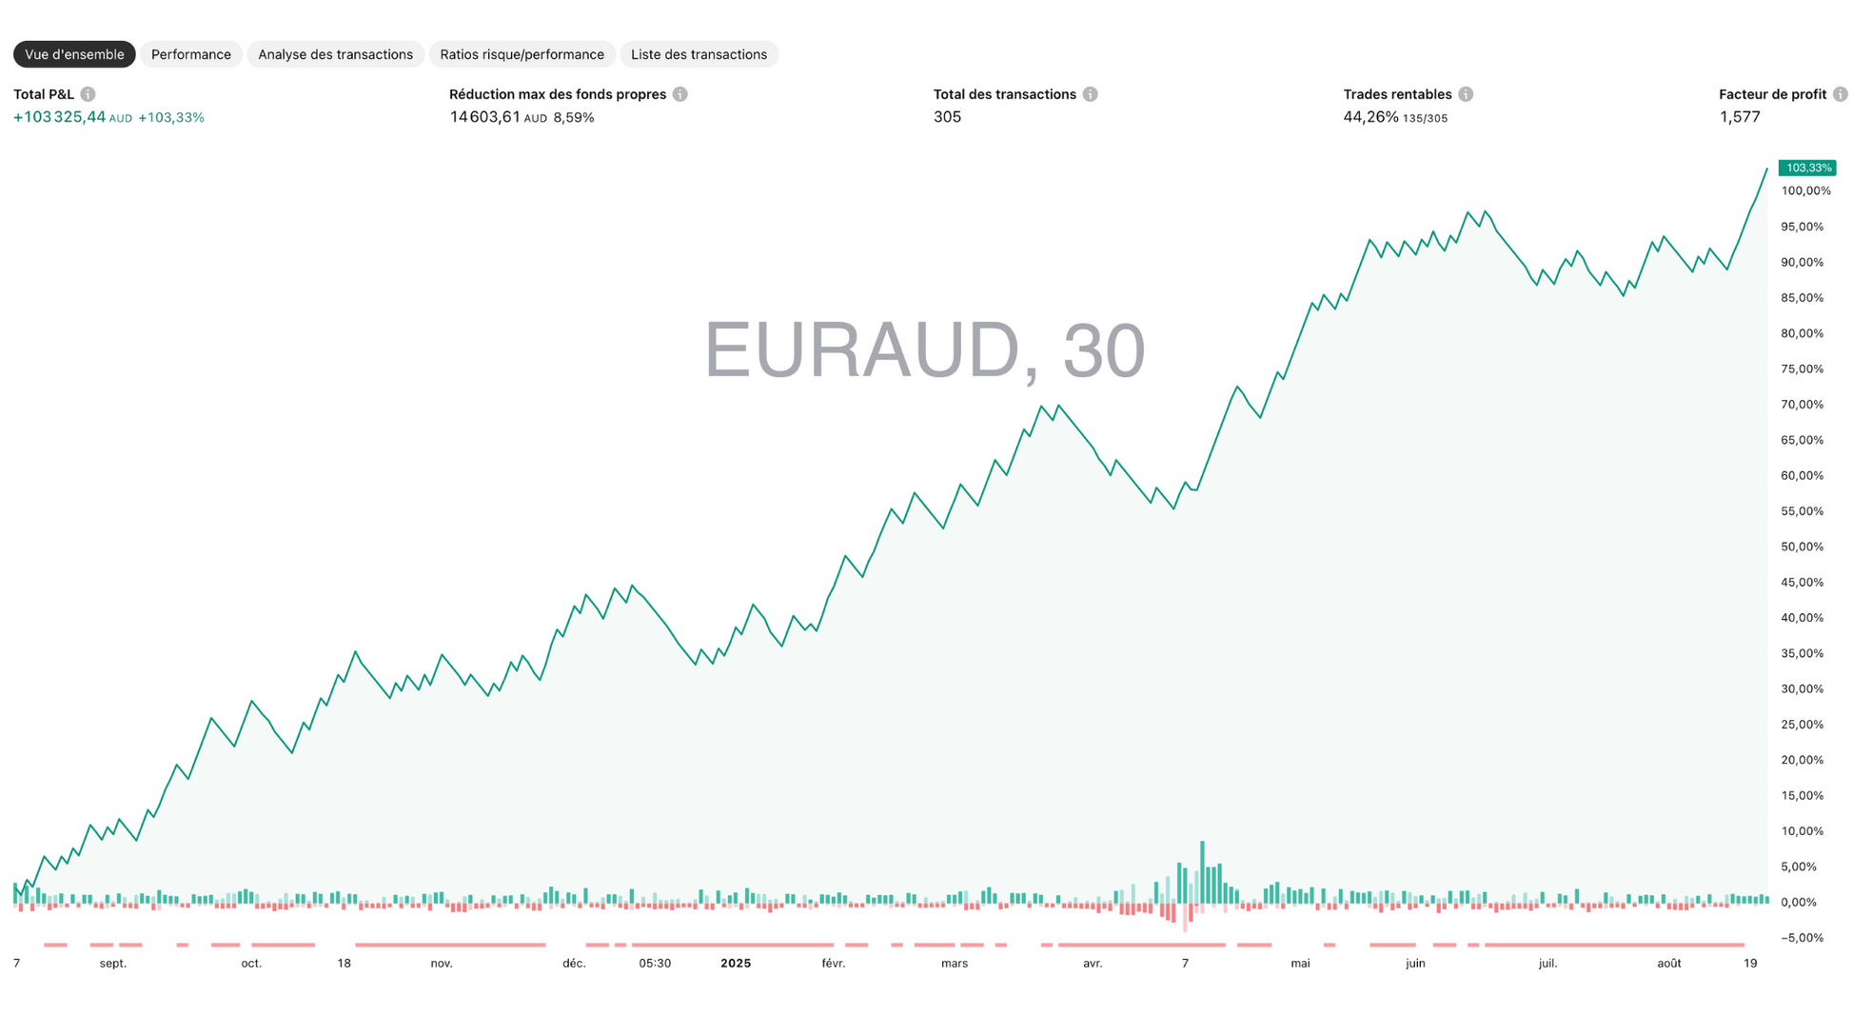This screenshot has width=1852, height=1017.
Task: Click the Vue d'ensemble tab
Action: (x=74, y=54)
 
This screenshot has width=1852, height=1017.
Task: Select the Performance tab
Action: (x=190, y=54)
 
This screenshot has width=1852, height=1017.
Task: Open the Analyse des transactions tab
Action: (x=335, y=54)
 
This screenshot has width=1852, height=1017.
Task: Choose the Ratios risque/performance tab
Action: (x=522, y=54)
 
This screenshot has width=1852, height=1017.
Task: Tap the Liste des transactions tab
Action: (x=699, y=54)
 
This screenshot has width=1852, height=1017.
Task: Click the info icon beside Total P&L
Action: (x=88, y=94)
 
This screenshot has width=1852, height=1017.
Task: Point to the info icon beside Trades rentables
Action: (x=1466, y=94)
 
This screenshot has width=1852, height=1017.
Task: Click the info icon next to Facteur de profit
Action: (x=1840, y=94)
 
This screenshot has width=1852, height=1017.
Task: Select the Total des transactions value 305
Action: (x=947, y=117)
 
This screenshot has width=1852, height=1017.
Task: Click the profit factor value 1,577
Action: (x=1739, y=117)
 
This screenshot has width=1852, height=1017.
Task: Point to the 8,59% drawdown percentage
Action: (x=574, y=118)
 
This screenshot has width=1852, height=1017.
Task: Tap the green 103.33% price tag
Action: (x=1807, y=169)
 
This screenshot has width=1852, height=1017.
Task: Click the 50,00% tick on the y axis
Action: (x=1802, y=547)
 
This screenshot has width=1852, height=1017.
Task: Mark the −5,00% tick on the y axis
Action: (x=1802, y=938)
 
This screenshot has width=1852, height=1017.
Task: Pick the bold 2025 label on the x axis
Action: (x=736, y=964)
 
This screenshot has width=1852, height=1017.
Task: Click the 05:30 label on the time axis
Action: (x=655, y=964)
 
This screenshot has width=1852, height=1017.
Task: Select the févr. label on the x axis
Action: (x=833, y=964)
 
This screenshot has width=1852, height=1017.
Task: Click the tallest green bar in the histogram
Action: (x=1202, y=871)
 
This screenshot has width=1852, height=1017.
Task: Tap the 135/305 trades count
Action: (x=1425, y=119)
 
